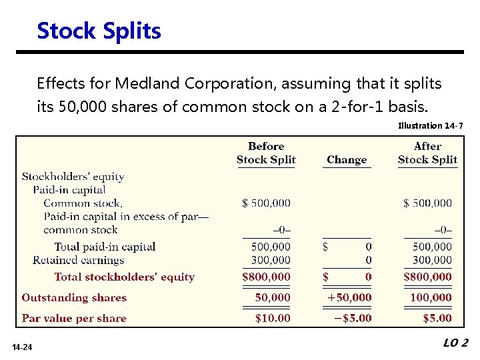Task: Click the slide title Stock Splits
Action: pos(99,31)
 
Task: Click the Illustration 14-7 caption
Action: pos(429,125)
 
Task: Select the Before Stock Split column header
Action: pos(266,153)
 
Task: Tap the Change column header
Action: pos(347,160)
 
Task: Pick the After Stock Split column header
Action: pos(427,153)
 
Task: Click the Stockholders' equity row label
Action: pos(73,177)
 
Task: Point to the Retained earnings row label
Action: pos(78,260)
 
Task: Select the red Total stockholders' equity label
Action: pos(124,277)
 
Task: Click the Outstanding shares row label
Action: pos(74,297)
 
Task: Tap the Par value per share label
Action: pos(74,318)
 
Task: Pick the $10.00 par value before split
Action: pos(273,318)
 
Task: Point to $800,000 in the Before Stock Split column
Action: pos(266,277)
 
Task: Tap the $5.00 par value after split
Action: pos(437,318)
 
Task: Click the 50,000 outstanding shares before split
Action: pos(273,297)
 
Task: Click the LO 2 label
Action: pos(455,343)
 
